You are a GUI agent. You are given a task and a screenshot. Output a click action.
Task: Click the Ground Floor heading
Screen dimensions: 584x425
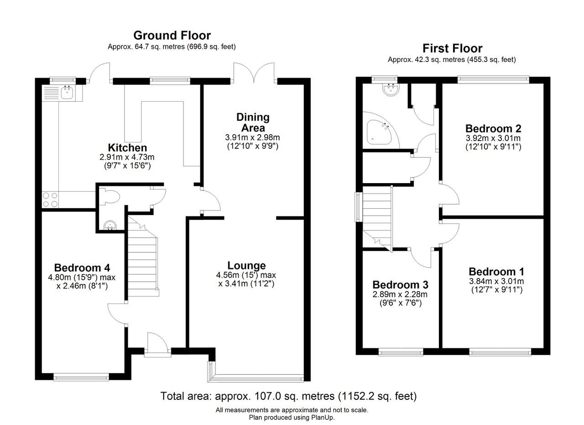point(172,35)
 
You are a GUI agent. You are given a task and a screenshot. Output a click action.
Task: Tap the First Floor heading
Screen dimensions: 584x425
point(452,48)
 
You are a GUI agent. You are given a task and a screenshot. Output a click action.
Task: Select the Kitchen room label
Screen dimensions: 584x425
point(127,147)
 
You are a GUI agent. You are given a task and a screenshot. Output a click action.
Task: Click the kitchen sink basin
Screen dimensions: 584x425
point(67,93)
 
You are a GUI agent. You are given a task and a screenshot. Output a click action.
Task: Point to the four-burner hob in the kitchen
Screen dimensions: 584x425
point(50,199)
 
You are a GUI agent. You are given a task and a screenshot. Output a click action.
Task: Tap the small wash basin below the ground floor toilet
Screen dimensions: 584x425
point(110,225)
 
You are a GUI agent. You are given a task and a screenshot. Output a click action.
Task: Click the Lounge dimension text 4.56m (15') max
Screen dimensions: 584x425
point(246,275)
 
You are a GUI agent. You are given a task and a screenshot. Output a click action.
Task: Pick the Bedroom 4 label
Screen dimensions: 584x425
point(82,268)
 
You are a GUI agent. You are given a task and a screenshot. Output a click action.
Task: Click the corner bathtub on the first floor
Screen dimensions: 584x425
point(379,132)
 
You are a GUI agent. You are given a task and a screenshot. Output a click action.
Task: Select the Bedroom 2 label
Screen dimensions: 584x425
point(493,129)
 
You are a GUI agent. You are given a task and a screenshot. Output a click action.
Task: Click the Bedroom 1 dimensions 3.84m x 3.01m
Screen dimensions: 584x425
point(496,281)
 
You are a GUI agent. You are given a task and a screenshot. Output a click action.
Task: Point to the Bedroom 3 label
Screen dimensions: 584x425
point(400,285)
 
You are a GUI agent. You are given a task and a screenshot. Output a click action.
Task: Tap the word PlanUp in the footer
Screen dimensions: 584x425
point(323,417)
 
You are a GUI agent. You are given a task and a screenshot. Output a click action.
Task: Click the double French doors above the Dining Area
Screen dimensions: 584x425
point(254,73)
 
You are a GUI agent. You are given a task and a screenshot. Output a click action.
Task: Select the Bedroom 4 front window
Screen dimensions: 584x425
point(81,377)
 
